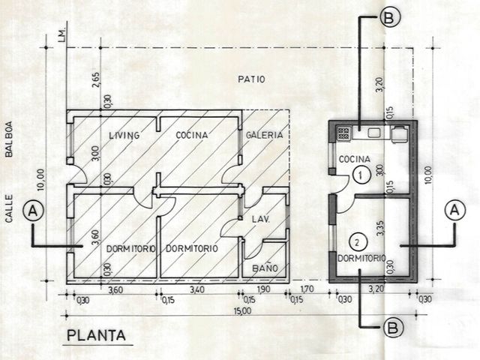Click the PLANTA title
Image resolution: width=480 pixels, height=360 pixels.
[97, 335]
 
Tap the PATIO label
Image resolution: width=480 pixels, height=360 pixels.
[251, 79]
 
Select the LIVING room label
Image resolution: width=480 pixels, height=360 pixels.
[124, 135]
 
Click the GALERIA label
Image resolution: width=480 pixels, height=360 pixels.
[265, 135]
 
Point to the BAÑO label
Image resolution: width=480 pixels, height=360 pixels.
[265, 268]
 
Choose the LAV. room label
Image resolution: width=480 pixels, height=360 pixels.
[261, 220]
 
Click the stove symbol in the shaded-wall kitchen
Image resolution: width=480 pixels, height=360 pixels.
[343, 133]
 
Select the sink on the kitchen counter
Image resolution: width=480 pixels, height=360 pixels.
[373, 133]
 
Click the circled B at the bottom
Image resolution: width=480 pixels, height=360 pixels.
[393, 328]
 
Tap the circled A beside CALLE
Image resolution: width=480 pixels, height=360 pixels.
[33, 211]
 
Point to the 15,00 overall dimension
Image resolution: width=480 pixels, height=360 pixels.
[242, 311]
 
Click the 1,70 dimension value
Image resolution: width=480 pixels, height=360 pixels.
[307, 289]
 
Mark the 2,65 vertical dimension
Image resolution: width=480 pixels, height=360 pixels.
[95, 80]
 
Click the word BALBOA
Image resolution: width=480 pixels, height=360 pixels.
[9, 139]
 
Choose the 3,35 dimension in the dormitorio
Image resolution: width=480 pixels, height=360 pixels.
[380, 228]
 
